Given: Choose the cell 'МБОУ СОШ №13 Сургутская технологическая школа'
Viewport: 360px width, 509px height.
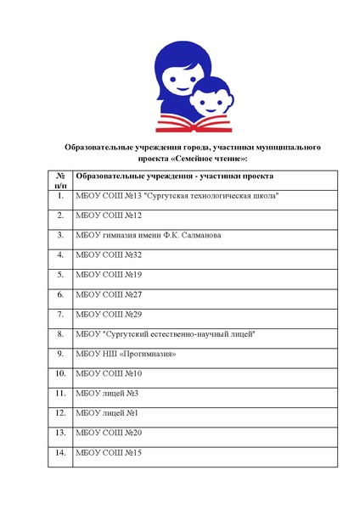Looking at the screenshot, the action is [177, 196].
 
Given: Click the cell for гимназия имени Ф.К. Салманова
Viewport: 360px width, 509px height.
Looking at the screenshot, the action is [149, 235].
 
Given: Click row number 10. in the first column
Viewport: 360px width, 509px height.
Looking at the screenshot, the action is [60, 373].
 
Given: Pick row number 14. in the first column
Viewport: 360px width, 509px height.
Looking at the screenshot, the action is [60, 453].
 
